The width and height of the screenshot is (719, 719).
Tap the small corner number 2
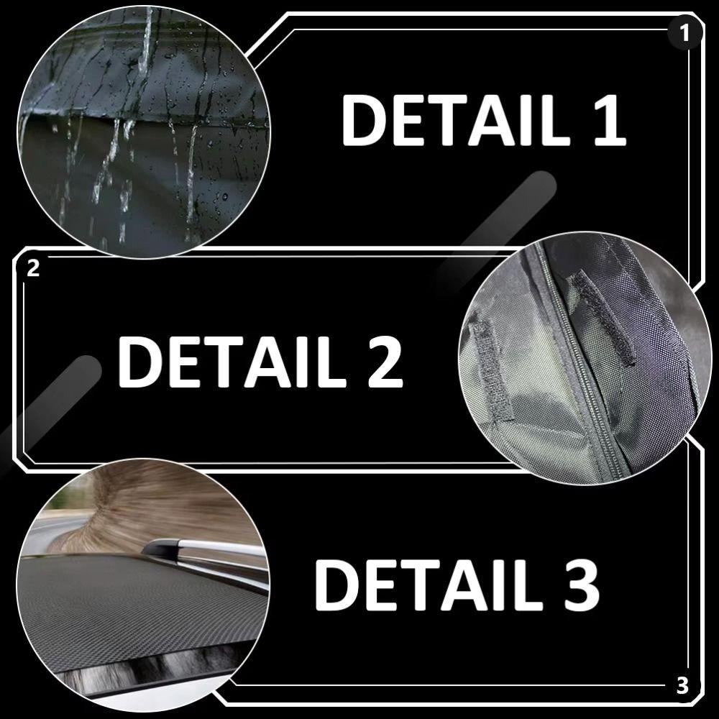(32, 270)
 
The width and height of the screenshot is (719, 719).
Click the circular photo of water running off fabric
(144, 129)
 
